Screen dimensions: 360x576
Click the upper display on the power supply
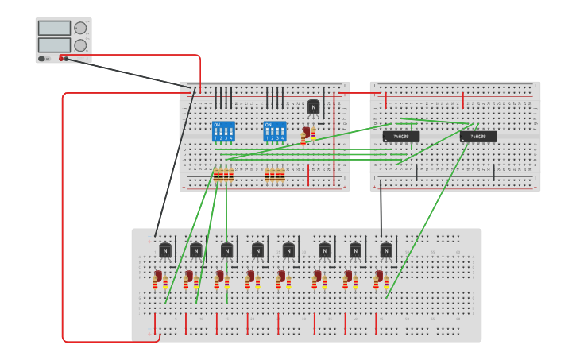[x=54, y=28]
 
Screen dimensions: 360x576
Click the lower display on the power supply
[x=54, y=45]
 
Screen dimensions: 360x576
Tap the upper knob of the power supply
[x=80, y=28]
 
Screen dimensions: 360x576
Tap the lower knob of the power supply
[x=80, y=45]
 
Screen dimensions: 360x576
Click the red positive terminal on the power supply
[x=60, y=59]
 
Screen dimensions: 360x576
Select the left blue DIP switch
[x=223, y=131]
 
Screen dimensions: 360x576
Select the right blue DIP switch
[x=274, y=131]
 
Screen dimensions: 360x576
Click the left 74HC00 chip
[x=401, y=137]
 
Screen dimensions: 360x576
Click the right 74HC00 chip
[x=478, y=137]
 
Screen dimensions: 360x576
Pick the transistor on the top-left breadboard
[x=314, y=106]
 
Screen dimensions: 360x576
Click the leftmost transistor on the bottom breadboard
[x=165, y=250]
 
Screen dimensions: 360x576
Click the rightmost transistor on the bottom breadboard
[x=386, y=250]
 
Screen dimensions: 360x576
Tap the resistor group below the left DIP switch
[x=223, y=175]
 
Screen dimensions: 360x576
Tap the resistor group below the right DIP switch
[x=275, y=175]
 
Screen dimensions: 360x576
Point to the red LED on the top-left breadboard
[x=305, y=134]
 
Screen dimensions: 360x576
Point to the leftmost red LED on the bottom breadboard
[x=157, y=277]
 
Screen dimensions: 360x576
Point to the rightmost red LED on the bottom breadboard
[x=378, y=277]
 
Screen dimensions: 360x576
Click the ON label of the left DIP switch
[x=216, y=125]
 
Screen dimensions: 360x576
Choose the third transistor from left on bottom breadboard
[x=226, y=250]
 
